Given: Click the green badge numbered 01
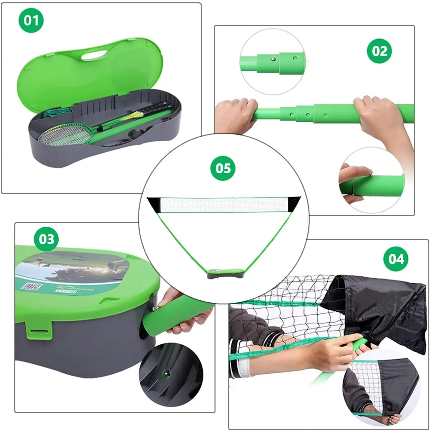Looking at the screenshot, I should (31, 20).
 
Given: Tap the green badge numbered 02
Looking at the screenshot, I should (380, 51).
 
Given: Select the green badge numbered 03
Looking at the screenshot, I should (46, 239).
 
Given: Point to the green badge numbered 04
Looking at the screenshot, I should (396, 259).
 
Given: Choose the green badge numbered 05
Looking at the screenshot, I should (223, 168).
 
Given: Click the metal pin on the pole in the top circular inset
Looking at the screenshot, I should (272, 59).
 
